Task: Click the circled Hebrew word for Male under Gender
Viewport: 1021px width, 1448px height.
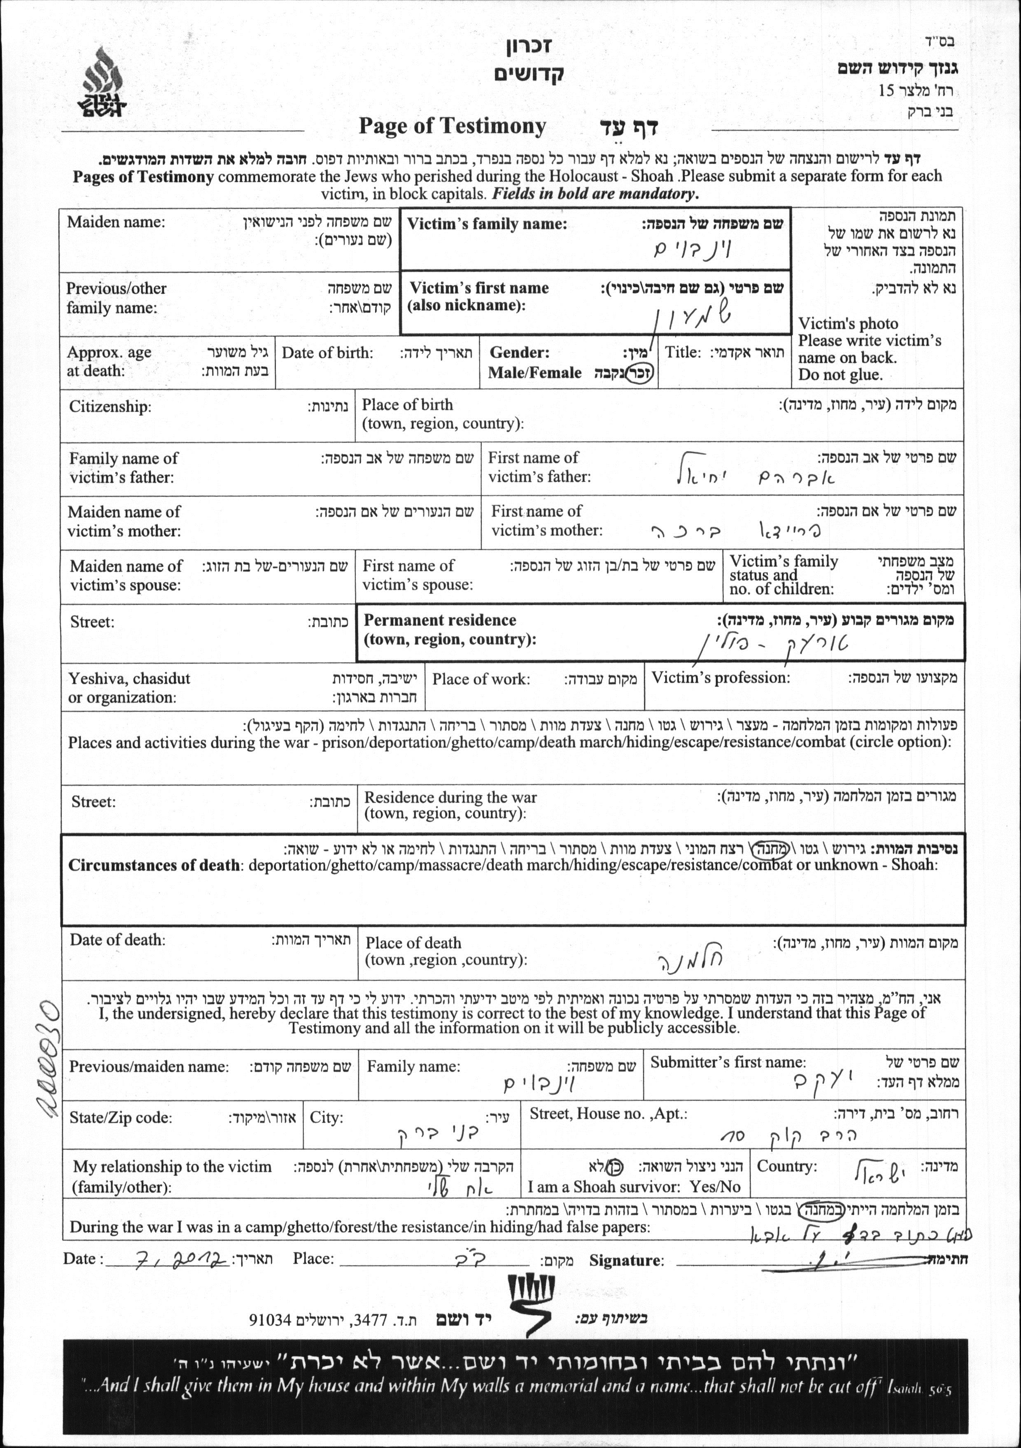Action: coord(642,372)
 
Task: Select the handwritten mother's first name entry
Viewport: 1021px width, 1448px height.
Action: coord(735,531)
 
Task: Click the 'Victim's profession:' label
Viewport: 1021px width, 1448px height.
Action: coord(720,678)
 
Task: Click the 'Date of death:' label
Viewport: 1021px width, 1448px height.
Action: coord(117,940)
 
